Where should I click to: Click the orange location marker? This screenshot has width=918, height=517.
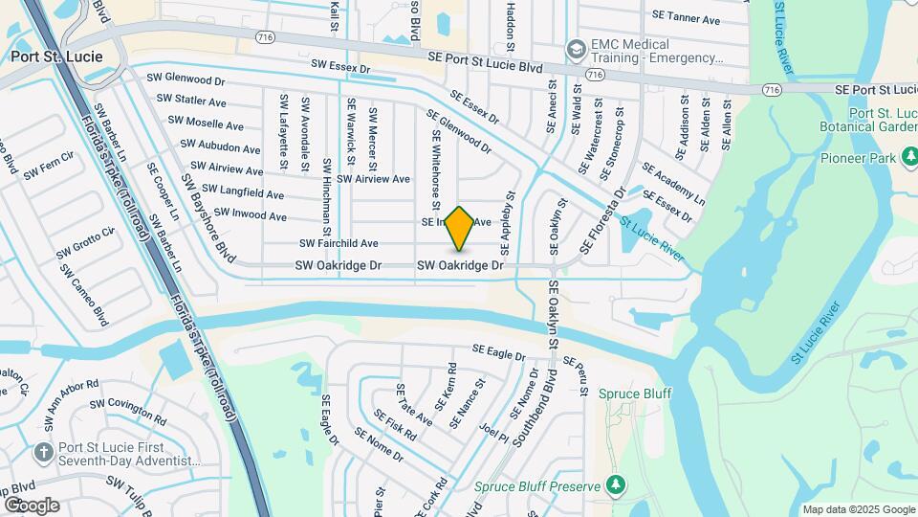pyautogui.click(x=460, y=228)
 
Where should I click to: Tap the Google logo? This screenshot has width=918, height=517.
pyautogui.click(x=32, y=505)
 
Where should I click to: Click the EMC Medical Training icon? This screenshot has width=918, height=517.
pyautogui.click(x=576, y=48)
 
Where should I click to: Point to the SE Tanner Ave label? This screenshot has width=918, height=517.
pyautogui.click(x=686, y=17)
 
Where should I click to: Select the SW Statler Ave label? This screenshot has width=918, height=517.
pyautogui.click(x=191, y=100)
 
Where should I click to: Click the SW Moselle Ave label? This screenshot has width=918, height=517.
pyautogui.click(x=206, y=124)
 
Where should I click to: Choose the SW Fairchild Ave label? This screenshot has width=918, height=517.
pyautogui.click(x=339, y=243)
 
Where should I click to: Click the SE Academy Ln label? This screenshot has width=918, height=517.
pyautogui.click(x=673, y=184)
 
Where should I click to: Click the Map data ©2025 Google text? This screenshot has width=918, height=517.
pyautogui.click(x=859, y=509)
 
